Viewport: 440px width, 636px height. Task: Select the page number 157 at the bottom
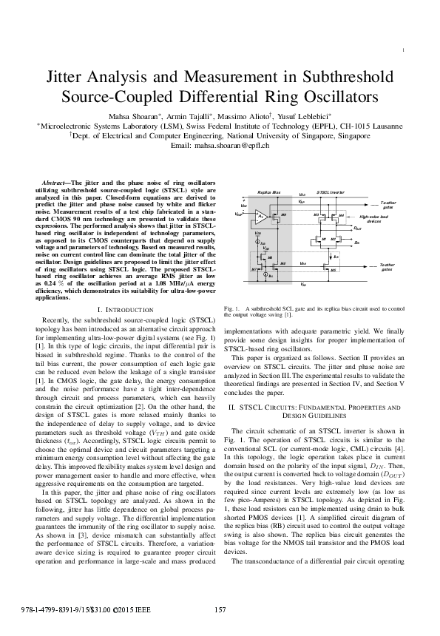point(220,609)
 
